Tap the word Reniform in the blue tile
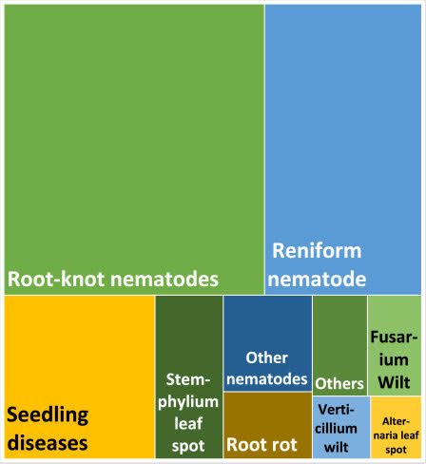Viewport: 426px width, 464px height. (x=317, y=251)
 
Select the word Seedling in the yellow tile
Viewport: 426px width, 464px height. (x=48, y=416)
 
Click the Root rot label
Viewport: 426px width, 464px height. (x=261, y=444)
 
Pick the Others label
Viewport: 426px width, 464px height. (x=339, y=383)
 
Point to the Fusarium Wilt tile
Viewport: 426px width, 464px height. (x=395, y=345)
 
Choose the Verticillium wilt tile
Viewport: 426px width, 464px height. (x=341, y=427)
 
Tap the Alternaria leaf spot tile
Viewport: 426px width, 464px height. (x=396, y=427)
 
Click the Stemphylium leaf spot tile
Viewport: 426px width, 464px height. (x=189, y=377)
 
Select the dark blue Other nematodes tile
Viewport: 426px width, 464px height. (x=267, y=343)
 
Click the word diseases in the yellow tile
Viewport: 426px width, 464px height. (x=48, y=443)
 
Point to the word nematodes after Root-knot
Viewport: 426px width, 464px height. (x=165, y=280)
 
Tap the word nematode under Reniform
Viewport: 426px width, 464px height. (x=317, y=279)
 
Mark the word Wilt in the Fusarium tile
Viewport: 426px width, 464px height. (x=394, y=382)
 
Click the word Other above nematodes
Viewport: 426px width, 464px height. (x=267, y=358)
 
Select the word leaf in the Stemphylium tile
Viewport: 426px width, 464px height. (x=188, y=423)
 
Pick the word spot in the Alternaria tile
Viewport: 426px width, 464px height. (x=396, y=450)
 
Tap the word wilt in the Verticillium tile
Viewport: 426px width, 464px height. (x=337, y=447)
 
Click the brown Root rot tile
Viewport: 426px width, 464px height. (x=267, y=425)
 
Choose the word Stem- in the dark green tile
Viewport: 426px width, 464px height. (x=188, y=379)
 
